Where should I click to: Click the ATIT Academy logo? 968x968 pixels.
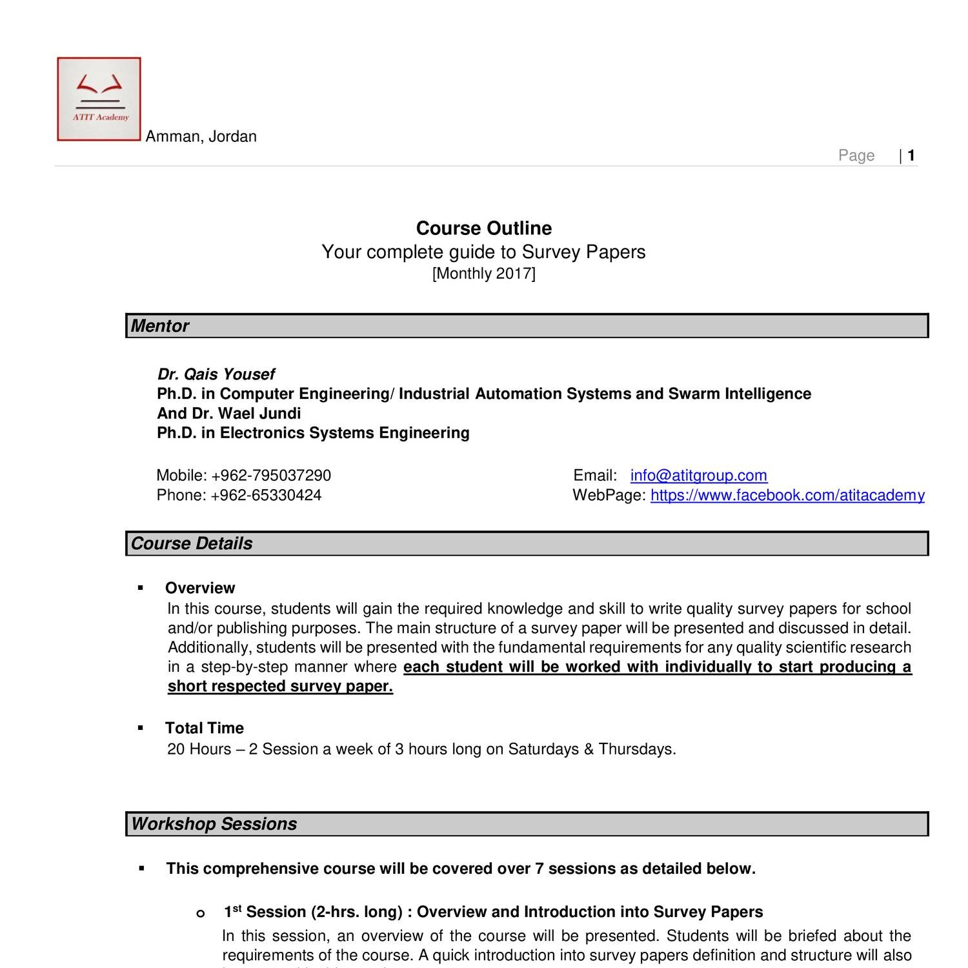pos(99,99)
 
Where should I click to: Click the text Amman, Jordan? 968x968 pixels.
pos(201,137)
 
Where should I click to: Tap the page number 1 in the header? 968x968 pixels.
pos(911,156)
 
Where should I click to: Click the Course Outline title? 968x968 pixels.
pos(483,228)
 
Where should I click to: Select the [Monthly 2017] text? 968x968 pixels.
pos(483,274)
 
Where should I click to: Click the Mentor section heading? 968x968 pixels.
pos(159,326)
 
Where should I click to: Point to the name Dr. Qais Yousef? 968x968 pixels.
pos(216,374)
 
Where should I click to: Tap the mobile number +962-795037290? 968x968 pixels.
pos(270,476)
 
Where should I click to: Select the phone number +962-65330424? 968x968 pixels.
pos(265,495)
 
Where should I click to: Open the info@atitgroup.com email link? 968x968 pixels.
pos(698,476)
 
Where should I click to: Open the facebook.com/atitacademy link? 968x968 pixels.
pos(787,495)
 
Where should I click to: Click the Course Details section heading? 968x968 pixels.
pos(192,543)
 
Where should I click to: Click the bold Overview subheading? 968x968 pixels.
pos(200,588)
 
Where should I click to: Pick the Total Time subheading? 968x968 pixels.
pos(204,728)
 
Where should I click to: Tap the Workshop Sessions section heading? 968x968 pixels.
pos(214,824)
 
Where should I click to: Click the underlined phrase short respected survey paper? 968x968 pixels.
pos(280,687)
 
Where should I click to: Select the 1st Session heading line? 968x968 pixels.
pos(493,912)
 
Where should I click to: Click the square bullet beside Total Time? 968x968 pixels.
pos(141,728)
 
